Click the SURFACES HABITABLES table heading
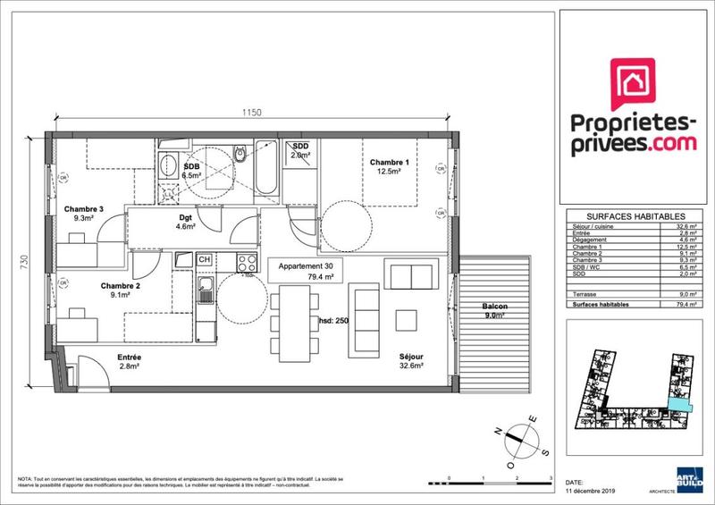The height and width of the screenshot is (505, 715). pos(635,216)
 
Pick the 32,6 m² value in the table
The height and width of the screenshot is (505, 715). pos(686,226)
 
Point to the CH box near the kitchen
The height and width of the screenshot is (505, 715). pos(205,260)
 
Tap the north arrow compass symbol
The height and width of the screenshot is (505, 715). pos(517,435)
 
